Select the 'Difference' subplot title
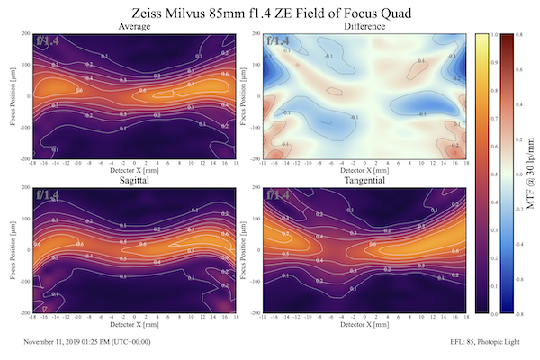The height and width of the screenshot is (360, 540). coord(364,27)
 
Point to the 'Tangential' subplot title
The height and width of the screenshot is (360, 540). coord(364,181)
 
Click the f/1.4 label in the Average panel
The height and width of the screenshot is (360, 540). coord(48,40)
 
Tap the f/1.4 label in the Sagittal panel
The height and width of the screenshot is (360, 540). coord(48,194)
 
